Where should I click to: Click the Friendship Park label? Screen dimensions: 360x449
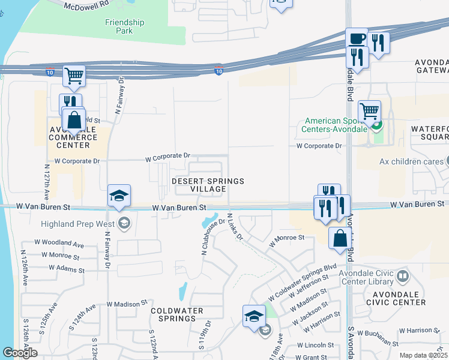point(125,26)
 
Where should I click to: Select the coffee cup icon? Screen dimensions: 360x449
point(357,38)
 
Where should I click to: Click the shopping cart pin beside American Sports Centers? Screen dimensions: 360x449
point(369,111)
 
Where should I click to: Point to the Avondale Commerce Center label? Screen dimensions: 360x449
point(77,137)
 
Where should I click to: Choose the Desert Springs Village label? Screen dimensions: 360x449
point(199,185)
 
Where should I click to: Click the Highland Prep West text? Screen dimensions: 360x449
point(79,224)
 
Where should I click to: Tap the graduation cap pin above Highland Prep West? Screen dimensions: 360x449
point(119,196)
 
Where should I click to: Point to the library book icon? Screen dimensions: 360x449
point(402,277)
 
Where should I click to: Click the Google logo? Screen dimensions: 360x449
point(19,353)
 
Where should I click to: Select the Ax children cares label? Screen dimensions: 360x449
point(411,161)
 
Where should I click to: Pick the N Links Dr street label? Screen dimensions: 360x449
point(235,227)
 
